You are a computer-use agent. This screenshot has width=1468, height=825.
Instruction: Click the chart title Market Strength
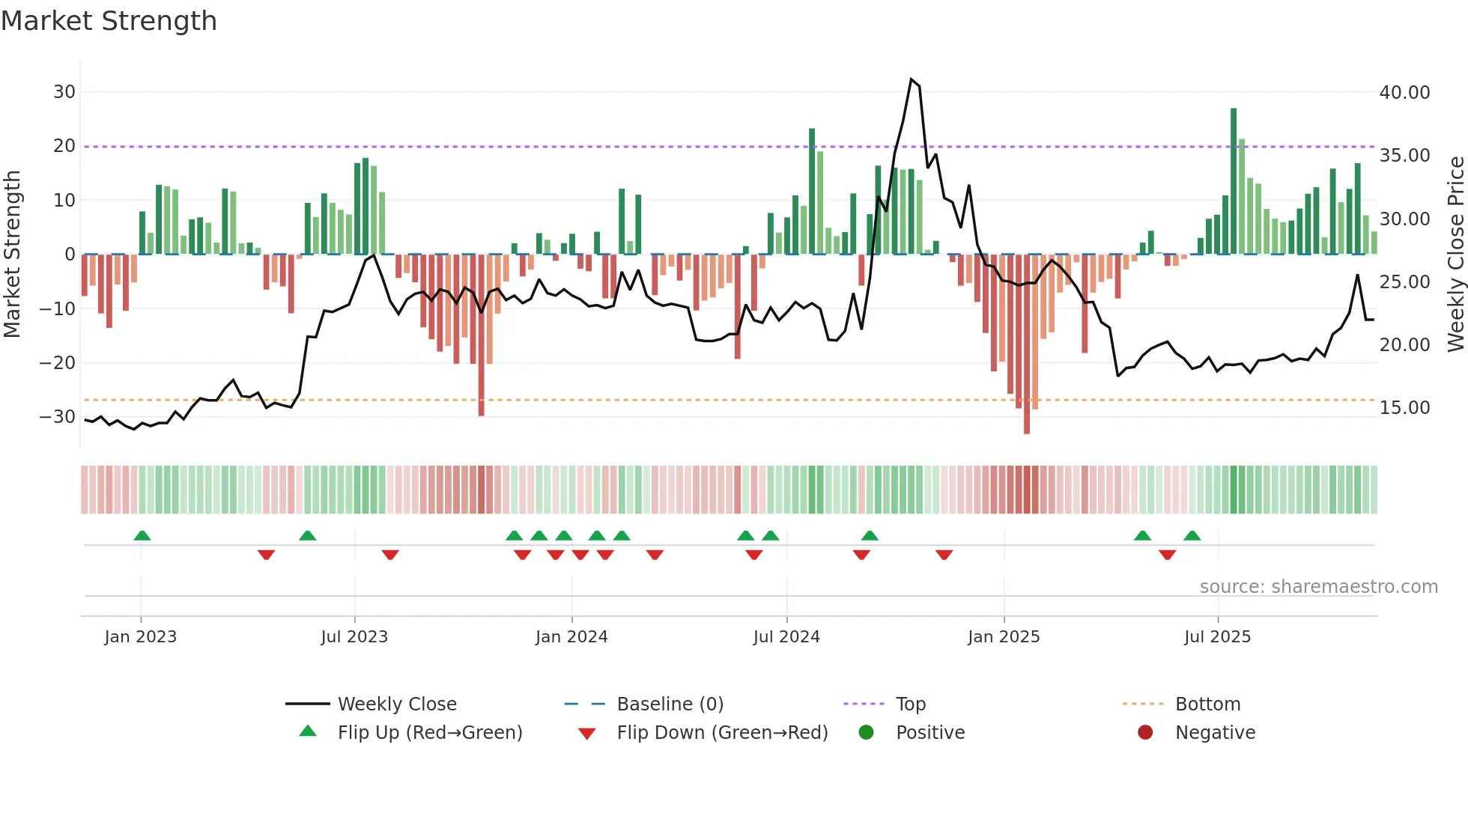click(109, 21)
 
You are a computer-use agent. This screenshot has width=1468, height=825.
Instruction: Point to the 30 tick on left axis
click(64, 92)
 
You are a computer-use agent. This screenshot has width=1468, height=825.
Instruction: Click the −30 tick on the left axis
click(58, 417)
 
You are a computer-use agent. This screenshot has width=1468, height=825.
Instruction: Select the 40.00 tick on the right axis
click(1404, 93)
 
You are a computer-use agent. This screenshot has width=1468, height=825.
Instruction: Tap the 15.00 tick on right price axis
click(1404, 408)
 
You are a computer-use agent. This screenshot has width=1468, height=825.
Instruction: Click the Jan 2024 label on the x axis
click(571, 637)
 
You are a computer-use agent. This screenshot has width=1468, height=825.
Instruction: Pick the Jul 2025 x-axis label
click(1217, 637)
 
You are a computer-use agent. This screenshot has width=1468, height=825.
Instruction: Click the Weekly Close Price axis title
click(1455, 255)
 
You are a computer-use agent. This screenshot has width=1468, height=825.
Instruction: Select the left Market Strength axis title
click(12, 255)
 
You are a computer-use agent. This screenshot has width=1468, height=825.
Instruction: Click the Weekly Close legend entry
click(396, 704)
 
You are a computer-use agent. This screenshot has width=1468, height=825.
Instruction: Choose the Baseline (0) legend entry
click(670, 704)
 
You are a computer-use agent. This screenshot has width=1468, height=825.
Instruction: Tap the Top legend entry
click(910, 704)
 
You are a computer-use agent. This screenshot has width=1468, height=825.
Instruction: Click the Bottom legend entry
click(1207, 704)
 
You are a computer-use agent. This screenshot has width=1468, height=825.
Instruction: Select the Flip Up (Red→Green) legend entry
click(429, 733)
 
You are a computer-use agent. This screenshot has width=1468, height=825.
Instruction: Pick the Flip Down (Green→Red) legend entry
click(722, 733)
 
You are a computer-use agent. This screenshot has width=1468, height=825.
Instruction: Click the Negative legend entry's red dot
click(1145, 733)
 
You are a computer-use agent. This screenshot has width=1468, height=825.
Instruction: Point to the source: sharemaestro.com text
click(1318, 587)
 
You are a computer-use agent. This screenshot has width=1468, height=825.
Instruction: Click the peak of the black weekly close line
click(911, 79)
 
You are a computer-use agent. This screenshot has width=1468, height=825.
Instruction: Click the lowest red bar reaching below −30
click(1027, 344)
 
